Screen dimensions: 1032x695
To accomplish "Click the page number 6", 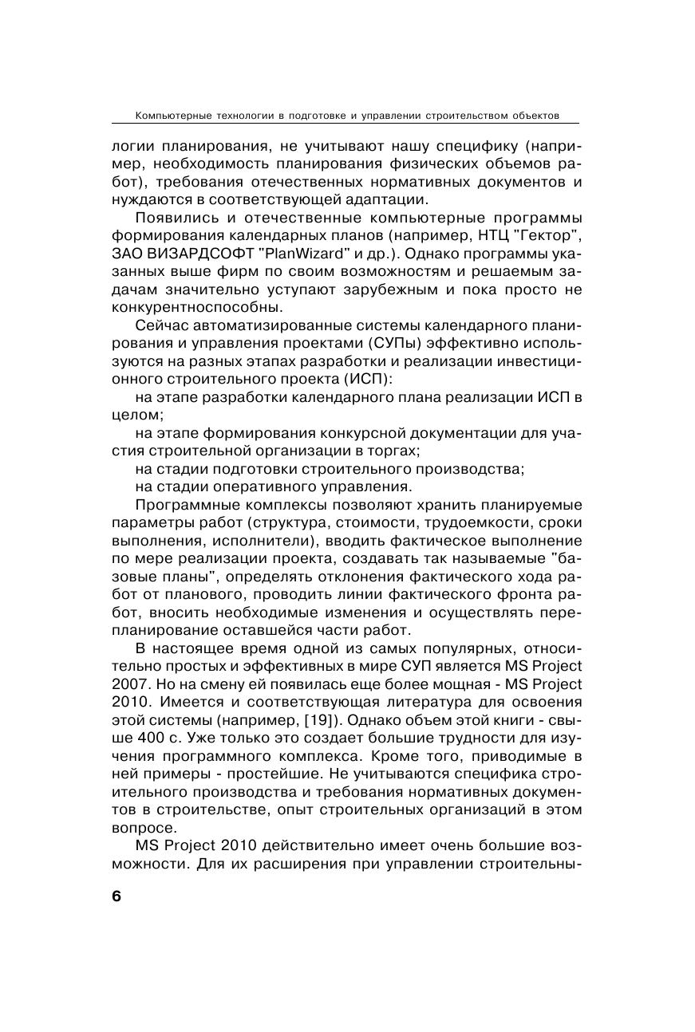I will point(116,896).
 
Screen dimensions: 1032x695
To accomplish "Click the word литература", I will point(436,702).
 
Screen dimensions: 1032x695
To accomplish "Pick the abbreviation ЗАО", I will point(129,254).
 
